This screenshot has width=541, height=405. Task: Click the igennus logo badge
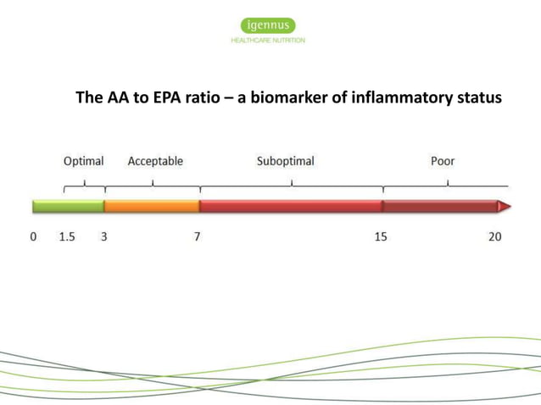(268, 26)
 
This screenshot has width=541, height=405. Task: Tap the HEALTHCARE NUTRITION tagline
(268, 40)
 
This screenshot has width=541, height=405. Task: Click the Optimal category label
(84, 161)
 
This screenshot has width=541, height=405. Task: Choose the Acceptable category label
(155, 161)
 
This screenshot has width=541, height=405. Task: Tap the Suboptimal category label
(286, 161)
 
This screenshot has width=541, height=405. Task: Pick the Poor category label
(443, 161)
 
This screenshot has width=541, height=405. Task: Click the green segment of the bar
(68, 206)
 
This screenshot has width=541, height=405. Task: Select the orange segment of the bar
(152, 206)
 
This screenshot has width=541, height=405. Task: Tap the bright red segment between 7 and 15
(290, 206)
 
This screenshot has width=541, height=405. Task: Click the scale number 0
(34, 237)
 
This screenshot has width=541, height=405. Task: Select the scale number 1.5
(66, 237)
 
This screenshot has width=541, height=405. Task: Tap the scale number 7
(197, 237)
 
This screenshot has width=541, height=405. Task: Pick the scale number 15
(381, 237)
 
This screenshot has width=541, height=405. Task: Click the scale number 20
(495, 237)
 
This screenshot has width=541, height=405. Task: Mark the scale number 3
(103, 237)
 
